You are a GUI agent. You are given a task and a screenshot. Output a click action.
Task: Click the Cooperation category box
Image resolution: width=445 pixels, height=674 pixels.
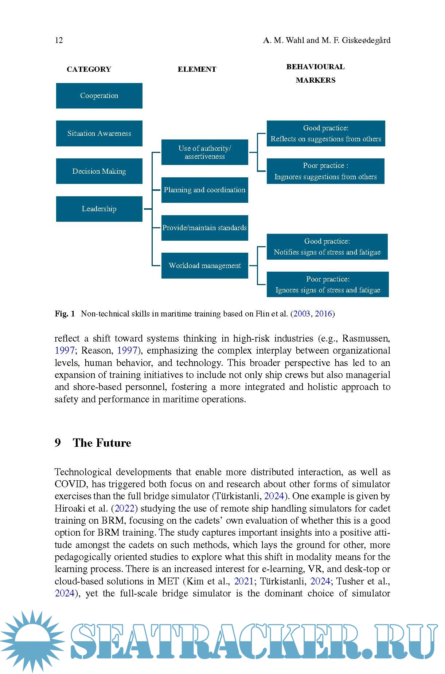tap(99, 96)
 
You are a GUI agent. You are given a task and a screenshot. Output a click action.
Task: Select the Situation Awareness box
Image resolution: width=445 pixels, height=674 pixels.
tap(99, 134)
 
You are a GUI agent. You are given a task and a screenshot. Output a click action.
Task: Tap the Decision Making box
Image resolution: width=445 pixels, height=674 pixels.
tap(99, 171)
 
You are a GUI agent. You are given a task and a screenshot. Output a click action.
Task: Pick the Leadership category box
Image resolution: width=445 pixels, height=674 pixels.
tap(99, 209)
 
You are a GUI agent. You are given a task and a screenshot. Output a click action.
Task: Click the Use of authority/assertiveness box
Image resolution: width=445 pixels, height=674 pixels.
tap(204, 152)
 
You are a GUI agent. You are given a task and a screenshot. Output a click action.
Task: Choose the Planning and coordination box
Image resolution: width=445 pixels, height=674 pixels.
tap(204, 190)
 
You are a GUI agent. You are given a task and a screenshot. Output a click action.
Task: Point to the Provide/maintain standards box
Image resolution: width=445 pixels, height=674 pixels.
tap(204, 228)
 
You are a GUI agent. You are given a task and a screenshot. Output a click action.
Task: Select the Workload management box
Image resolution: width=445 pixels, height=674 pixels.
tap(204, 266)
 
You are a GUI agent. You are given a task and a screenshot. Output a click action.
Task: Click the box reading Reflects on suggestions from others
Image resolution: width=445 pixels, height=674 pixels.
tap(326, 134)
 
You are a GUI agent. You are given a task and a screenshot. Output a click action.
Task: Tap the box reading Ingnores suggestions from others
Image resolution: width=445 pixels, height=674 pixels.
tap(325, 171)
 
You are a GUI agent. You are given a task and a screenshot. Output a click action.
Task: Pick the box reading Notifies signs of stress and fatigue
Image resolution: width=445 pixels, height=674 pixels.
tap(327, 247)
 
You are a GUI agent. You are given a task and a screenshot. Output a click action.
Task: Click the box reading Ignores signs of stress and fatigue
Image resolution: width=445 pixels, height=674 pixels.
tap(328, 284)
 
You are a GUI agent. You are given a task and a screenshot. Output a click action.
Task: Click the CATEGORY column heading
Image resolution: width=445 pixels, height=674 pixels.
tap(89, 70)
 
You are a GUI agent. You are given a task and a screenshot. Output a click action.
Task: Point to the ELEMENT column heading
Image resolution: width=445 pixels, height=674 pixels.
tap(197, 70)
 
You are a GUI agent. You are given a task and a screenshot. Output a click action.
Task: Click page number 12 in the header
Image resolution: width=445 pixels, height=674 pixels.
tap(59, 40)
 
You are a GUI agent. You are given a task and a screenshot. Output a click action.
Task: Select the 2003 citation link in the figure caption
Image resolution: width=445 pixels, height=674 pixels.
tap(302, 314)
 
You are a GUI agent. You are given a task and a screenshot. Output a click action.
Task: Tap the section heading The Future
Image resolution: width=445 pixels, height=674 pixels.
tap(102, 443)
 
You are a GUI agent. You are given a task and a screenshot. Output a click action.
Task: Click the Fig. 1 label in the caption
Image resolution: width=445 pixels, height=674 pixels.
tap(65, 314)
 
